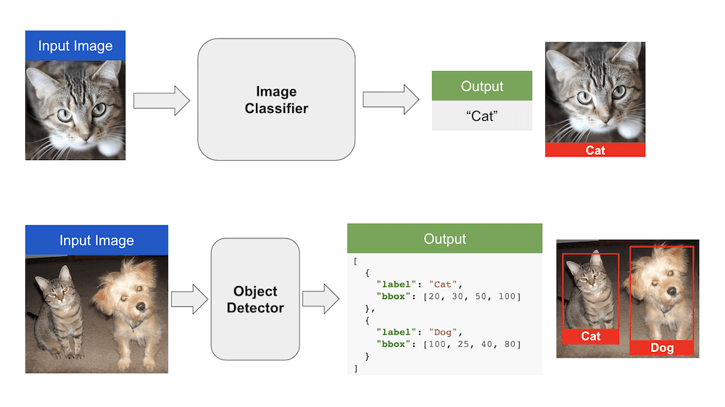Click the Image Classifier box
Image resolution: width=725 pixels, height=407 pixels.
(276, 100)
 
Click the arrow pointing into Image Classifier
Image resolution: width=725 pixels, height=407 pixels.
(162, 99)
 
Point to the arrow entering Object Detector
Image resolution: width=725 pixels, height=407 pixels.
(188, 299)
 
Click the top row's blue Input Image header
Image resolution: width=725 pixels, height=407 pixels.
(75, 46)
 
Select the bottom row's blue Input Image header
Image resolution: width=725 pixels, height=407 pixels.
(96, 240)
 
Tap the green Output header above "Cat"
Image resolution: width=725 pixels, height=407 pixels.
(482, 86)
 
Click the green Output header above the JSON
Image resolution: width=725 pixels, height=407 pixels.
(444, 238)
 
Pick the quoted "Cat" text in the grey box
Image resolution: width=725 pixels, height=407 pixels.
(482, 116)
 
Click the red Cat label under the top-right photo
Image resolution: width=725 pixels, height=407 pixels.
(595, 150)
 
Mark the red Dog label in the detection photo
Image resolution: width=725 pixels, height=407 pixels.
(661, 348)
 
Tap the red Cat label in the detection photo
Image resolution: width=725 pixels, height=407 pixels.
(591, 336)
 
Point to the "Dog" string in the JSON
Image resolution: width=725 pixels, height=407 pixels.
(443, 332)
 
